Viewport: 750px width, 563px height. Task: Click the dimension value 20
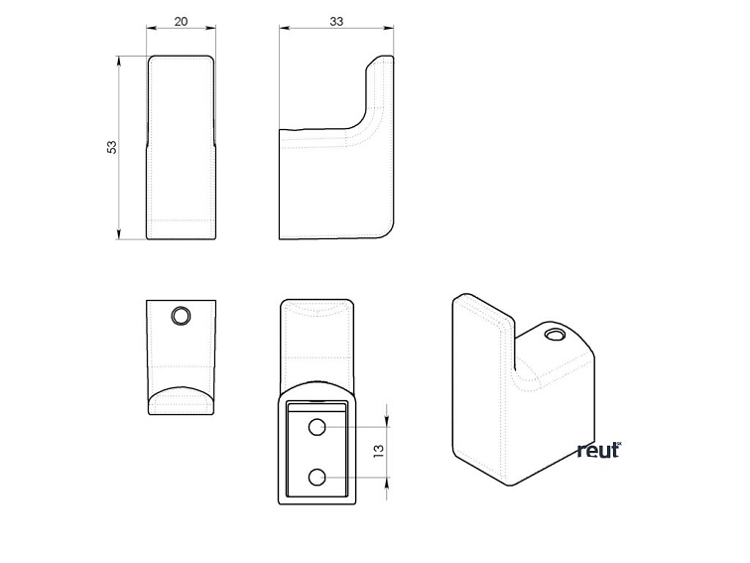click(181, 22)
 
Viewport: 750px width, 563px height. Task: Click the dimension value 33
click(336, 22)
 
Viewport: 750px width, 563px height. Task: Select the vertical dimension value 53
click(111, 147)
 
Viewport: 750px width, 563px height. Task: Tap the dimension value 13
click(378, 451)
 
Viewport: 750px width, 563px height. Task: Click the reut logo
click(599, 450)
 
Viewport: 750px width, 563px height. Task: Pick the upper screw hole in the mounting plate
click(316, 427)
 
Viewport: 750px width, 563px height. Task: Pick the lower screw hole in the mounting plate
click(316, 478)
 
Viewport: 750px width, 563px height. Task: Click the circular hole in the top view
click(181, 316)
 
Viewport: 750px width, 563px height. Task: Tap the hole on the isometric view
click(555, 335)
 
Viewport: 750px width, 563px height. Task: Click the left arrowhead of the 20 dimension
click(152, 28)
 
